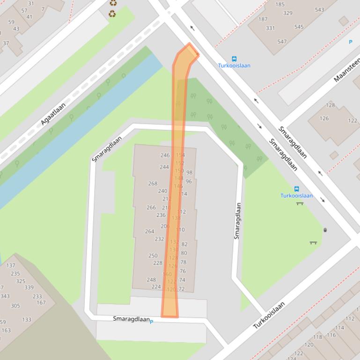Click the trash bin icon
click(325, 230)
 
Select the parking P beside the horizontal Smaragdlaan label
click(151, 322)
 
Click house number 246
click(165, 155)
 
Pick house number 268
click(153, 183)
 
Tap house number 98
click(189, 173)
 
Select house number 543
click(319, 10)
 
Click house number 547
click(282, 42)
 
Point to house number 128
click(331, 105)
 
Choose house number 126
click(324, 118)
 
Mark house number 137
click(10, 265)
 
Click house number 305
click(15, 306)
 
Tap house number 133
click(26, 320)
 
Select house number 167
click(41, 302)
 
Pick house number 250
click(153, 256)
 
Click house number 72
click(182, 289)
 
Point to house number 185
click(280, 5)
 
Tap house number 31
click(31, 3)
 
